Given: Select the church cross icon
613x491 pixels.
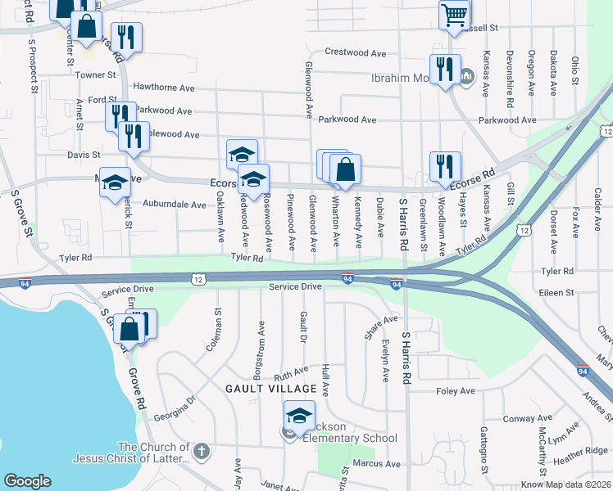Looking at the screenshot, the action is tap(201, 451).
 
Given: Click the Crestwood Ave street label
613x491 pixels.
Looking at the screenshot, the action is tap(355, 52).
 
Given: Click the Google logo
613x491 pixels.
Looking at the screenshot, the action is tap(27, 481).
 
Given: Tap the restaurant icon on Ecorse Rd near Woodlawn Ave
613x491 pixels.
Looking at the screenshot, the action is tap(445, 166).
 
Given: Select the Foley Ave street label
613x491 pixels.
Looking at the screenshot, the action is tap(456, 391).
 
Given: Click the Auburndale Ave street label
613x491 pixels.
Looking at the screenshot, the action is tap(176, 205).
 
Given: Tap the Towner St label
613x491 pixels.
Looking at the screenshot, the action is tap(96, 74).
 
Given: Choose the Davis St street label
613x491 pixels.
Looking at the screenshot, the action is tap(84, 154).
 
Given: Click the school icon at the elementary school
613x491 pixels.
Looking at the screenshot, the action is tap(299, 417).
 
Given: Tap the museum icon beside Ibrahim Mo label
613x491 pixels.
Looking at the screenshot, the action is tap(467, 78).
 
